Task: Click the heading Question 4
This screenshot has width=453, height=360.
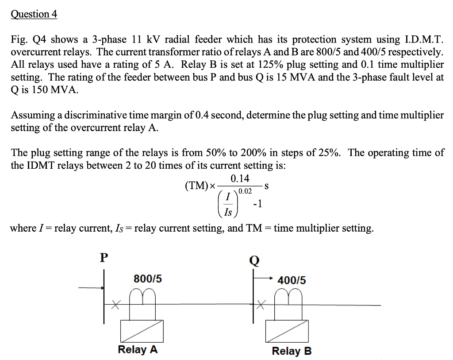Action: (34, 14)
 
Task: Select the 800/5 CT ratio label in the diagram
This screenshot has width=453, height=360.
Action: (148, 279)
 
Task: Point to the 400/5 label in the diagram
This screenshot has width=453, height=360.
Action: (292, 280)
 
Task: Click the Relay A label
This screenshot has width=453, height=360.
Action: (138, 349)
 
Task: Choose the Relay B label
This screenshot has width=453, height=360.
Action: (292, 351)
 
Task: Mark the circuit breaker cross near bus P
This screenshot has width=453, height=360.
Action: (116, 305)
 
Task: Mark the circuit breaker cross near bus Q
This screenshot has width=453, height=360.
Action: (261, 305)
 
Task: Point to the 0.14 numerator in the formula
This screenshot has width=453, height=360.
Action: (240, 179)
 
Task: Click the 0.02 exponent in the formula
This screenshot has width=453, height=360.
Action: (245, 192)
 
